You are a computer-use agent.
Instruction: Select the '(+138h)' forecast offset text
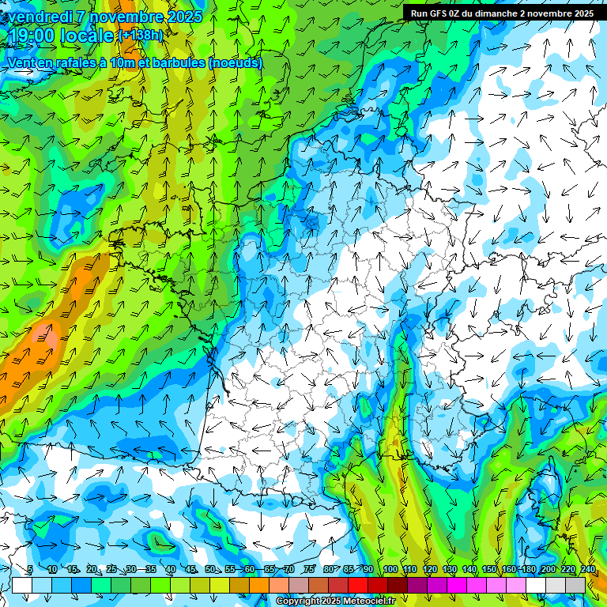tap(141, 36)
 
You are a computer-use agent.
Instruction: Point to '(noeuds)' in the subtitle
tap(235, 62)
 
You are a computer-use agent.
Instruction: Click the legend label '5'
tap(30, 570)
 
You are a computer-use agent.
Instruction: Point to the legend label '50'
tap(210, 570)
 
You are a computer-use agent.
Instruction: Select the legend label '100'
tap(390, 570)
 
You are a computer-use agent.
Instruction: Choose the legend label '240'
tap(587, 570)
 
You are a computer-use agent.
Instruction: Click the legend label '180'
tap(528, 570)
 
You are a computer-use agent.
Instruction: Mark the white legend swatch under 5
tap(22, 585)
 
